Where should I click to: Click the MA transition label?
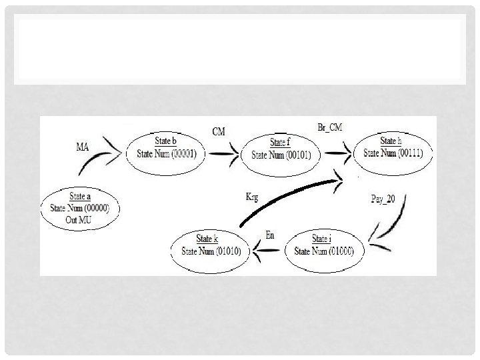pyautogui.click(x=83, y=147)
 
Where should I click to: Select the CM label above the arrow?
pyautogui.click(x=218, y=131)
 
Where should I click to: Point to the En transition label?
pyautogui.click(x=269, y=235)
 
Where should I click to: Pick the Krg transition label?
pyautogui.click(x=253, y=197)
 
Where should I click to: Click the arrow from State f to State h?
pyautogui.click(x=339, y=151)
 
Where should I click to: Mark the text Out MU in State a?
pyautogui.click(x=80, y=217)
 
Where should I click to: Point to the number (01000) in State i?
pyautogui.click(x=340, y=251)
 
